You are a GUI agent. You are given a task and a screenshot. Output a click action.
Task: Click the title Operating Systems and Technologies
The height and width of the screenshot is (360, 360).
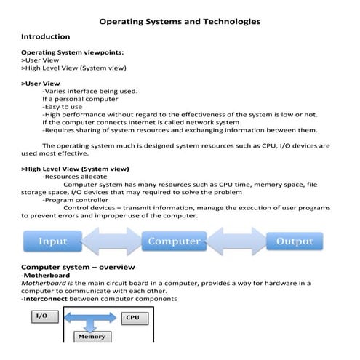[179, 22]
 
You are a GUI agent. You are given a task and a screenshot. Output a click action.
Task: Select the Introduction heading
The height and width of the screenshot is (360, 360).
[45, 36]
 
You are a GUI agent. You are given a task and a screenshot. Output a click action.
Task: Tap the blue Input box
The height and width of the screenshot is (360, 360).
[52, 241]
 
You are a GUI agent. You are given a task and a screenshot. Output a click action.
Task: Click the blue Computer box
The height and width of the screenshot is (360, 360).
[174, 241]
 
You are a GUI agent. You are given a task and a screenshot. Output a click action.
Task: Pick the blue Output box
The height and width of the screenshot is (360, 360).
[294, 241]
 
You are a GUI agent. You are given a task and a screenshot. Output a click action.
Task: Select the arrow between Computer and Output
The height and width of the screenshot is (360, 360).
[234, 241]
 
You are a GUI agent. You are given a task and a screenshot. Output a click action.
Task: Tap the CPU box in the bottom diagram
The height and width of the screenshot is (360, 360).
[132, 318]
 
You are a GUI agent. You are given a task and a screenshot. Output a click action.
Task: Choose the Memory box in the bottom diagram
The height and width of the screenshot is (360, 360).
[92, 337]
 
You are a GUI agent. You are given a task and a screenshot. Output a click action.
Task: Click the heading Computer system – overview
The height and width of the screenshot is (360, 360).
[79, 267]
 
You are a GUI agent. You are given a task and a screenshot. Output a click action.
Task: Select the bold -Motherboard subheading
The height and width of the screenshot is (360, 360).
[46, 276]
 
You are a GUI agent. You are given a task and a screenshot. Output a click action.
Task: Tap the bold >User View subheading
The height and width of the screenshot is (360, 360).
[41, 84]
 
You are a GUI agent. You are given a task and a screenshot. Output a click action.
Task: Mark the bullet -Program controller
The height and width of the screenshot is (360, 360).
[76, 199]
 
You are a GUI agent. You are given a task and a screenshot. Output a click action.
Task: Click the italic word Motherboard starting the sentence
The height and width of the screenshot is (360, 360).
[44, 283]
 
